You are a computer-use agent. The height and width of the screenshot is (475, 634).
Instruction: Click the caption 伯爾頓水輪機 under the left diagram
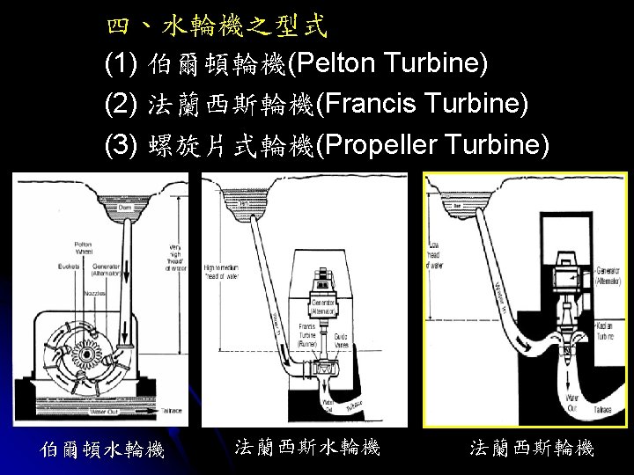tap(103, 449)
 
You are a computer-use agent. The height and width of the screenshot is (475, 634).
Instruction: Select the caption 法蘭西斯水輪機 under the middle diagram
tap(307, 448)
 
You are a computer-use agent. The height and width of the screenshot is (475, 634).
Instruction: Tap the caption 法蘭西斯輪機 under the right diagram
tap(532, 449)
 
